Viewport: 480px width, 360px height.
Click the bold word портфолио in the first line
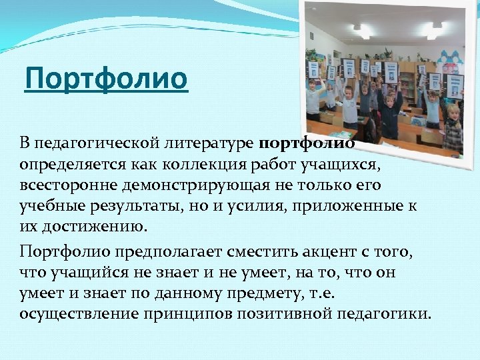tap(304, 143)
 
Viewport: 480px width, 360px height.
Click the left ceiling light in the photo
tap(361, 29)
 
